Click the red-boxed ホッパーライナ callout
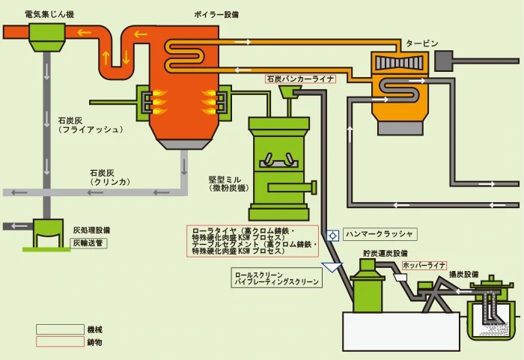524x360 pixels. point(424,265)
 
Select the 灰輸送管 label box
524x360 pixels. point(90,242)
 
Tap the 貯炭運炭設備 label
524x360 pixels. point(386,254)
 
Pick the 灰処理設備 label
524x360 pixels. point(92,231)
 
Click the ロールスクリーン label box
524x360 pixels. point(277,279)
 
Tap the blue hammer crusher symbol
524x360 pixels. point(332,234)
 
